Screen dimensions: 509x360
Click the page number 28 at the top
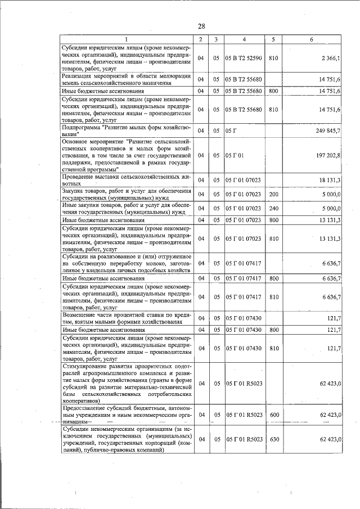pos(201,26)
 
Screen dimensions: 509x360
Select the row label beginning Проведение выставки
pos(127,179)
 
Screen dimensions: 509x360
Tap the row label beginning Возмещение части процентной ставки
pos(127,318)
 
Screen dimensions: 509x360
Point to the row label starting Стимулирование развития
pos(127,383)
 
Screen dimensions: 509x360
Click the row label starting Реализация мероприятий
pos(127,79)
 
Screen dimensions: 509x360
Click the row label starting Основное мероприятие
pos(127,155)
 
